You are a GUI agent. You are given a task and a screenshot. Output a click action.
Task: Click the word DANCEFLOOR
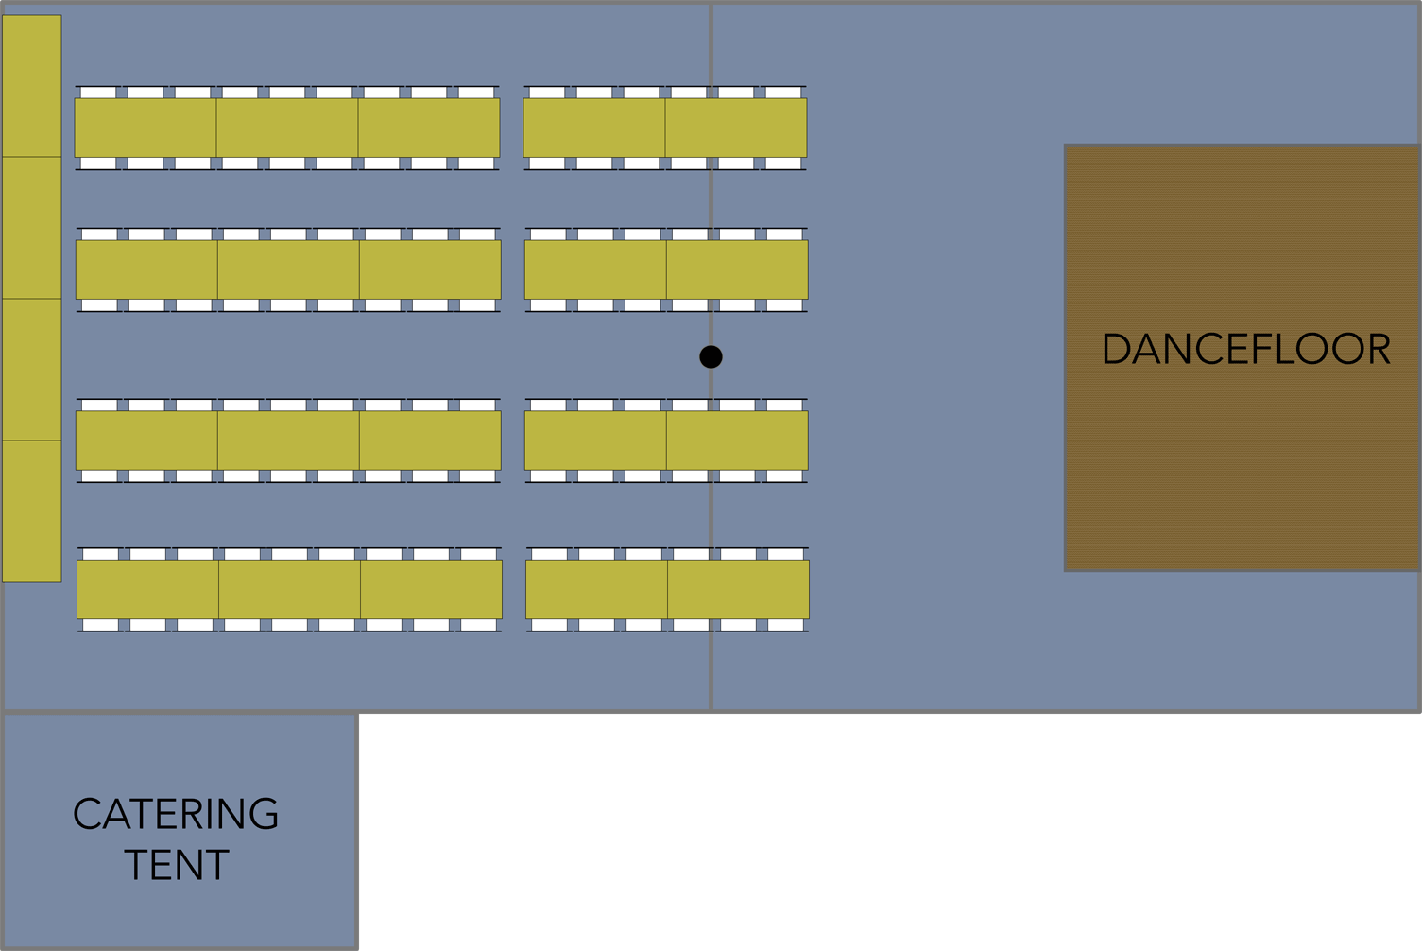[x=1245, y=350]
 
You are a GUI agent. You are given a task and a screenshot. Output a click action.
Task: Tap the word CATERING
[x=176, y=815]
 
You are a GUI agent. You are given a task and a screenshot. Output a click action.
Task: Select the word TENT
[x=177, y=865]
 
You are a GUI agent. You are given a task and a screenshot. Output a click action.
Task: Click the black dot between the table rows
[x=711, y=356]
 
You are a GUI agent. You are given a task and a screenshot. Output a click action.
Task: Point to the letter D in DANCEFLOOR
[x=1118, y=350]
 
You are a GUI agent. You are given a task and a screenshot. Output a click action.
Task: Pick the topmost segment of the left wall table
[x=32, y=86]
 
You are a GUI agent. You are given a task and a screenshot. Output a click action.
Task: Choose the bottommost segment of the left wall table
[x=32, y=510]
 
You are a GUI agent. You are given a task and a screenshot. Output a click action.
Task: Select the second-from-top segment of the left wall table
[x=32, y=228]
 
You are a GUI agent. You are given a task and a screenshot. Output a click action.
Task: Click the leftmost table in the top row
[x=146, y=128]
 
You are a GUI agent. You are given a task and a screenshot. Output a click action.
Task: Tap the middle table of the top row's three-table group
[x=287, y=128]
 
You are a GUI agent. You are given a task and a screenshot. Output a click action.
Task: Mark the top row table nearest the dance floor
[x=736, y=128]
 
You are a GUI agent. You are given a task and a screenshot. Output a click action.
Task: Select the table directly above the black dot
[x=737, y=269]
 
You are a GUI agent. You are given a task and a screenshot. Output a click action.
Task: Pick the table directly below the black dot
[x=737, y=441]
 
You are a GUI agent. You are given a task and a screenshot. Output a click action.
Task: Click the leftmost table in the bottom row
[x=147, y=590]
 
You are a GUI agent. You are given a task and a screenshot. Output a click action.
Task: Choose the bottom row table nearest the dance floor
[x=738, y=590]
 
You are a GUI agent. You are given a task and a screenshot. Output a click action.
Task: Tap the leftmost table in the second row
[x=146, y=269]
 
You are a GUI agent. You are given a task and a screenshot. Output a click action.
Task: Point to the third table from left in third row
[x=430, y=441]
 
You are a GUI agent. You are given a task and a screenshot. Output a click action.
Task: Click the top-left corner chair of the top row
[x=98, y=92]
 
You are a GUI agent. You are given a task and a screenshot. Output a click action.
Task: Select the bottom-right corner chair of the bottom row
[x=785, y=625]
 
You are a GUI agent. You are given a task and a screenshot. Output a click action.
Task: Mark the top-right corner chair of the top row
[x=783, y=92]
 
